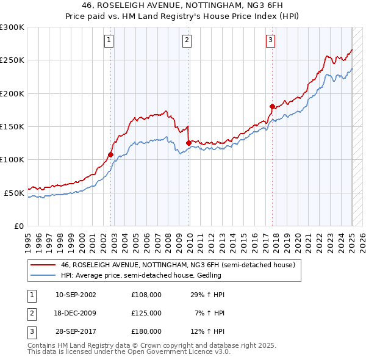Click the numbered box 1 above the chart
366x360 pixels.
109,41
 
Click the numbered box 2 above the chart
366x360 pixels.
187,41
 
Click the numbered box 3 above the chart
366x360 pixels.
270,41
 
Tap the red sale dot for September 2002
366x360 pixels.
110,154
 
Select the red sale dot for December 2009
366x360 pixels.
188,143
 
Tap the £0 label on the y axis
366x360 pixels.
18,226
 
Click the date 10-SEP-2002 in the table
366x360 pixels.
76,295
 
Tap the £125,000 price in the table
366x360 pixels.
146,313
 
